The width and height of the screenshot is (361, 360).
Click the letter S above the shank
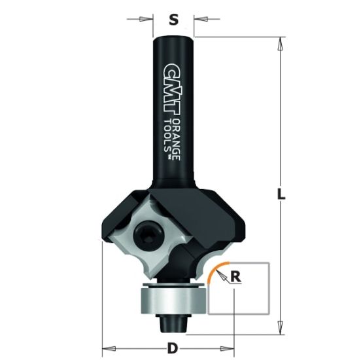coord(173,20)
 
